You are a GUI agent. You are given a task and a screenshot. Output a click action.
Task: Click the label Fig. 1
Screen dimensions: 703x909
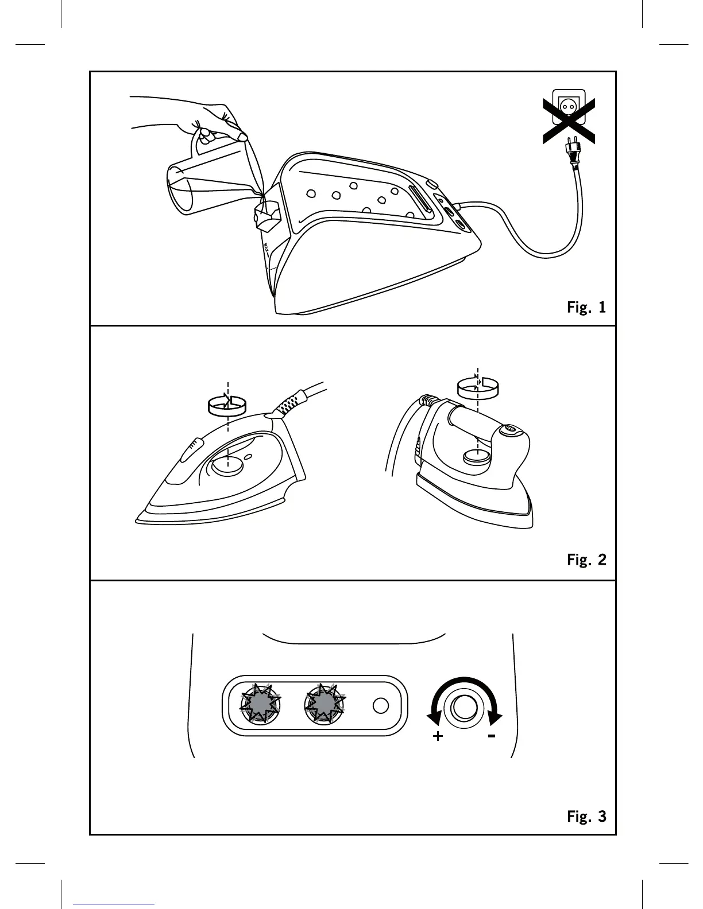586,308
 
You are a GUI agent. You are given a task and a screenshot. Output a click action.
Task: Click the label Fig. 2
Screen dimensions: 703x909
586,560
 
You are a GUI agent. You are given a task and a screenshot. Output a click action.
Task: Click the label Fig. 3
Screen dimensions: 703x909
586,816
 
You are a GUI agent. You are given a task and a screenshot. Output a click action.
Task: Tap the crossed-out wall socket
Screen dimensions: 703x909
568,109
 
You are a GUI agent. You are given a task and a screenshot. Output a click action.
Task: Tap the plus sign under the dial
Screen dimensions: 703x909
438,736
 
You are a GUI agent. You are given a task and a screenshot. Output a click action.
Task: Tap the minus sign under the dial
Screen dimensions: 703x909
492,736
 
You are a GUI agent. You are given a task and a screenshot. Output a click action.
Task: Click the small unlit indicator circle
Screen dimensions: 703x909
381,705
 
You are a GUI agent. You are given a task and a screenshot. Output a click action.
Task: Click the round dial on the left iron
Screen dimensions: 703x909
228,467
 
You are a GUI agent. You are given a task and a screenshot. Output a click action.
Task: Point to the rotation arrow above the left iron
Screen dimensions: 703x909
226,404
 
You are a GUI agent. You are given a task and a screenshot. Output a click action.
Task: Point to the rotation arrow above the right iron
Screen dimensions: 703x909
477,386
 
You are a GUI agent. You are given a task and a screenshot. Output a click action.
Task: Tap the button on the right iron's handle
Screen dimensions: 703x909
511,429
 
